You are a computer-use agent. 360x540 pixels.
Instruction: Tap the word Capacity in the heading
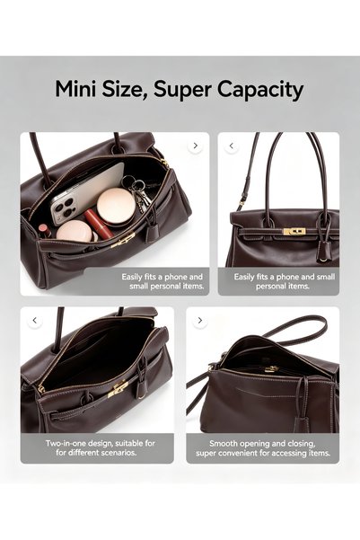259,90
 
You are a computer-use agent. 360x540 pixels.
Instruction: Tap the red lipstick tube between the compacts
98,223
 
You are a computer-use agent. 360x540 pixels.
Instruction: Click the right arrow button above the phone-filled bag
195,146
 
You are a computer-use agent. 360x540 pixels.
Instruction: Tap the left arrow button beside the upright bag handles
232,146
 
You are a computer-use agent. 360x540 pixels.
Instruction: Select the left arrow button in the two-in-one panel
35,321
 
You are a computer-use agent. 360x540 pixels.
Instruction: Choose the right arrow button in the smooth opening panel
200,321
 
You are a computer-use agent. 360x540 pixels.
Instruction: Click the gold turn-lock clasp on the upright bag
294,232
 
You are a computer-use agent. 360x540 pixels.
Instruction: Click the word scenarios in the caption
119,452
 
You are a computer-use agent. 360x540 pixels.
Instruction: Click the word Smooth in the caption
223,443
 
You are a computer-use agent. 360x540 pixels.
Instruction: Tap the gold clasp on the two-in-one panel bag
118,389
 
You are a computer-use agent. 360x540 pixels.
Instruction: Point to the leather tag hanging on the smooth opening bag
303,422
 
